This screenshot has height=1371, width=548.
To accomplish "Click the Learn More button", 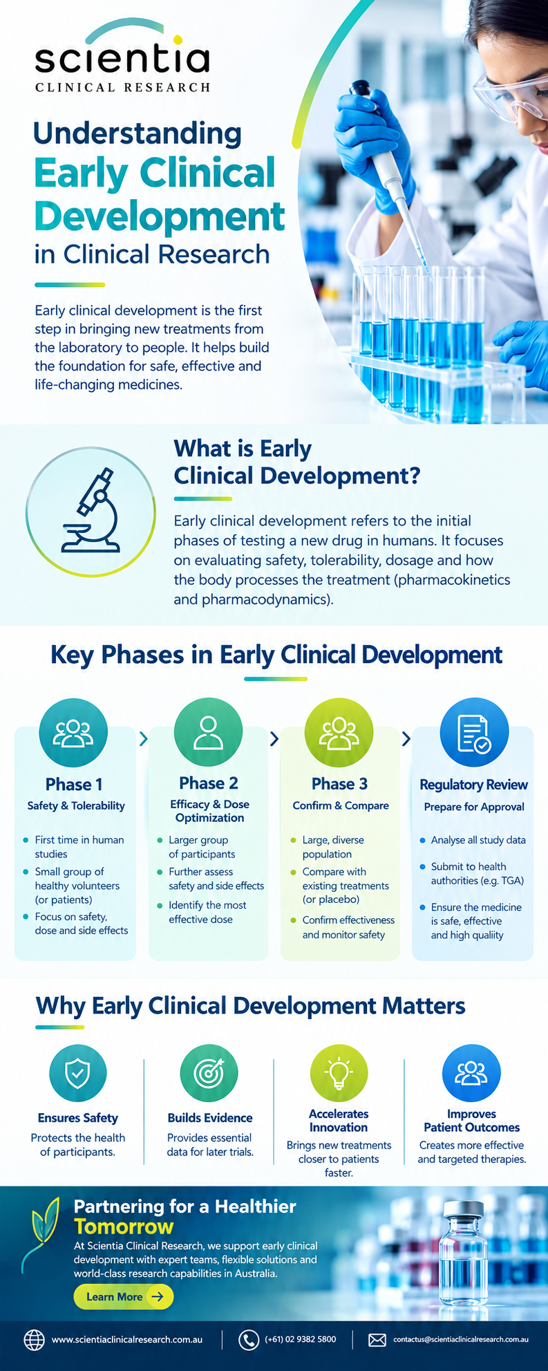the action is click(124, 1296).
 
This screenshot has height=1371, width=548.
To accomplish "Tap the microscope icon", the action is click(91, 510).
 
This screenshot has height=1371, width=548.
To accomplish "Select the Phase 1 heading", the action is click(74, 784).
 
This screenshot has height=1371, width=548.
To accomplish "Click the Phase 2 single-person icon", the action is click(208, 732).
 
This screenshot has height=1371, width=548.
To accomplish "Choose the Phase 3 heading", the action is click(339, 783).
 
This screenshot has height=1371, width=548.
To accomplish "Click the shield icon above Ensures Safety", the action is click(77, 1074).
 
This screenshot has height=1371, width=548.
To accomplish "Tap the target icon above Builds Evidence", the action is click(209, 1073).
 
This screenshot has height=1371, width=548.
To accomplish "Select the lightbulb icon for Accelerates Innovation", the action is click(339, 1072).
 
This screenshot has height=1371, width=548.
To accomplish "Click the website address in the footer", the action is click(127, 1339).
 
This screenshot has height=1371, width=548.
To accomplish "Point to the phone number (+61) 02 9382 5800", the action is click(301, 1339).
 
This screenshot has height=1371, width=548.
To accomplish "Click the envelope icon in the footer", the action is click(377, 1340).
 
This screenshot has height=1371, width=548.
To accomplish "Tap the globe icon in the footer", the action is click(34, 1340).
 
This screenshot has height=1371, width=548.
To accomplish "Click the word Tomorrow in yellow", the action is click(124, 1227).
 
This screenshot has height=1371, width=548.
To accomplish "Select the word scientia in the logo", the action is click(122, 59).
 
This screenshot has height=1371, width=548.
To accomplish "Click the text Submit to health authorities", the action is click(478, 873).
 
